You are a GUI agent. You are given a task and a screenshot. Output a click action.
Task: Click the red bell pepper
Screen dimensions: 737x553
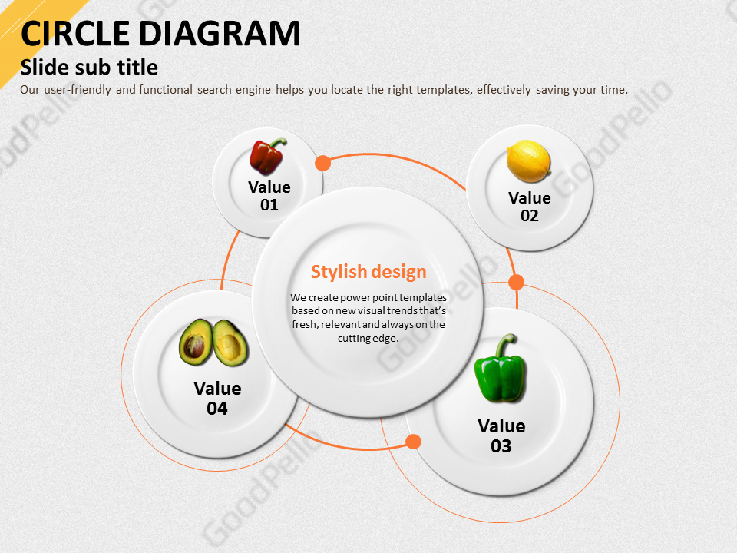267,157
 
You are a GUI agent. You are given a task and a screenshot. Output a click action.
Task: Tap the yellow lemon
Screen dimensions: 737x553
528,161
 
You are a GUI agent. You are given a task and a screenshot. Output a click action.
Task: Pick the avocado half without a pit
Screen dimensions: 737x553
230,343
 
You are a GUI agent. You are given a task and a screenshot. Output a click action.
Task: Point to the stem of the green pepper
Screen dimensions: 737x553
506,344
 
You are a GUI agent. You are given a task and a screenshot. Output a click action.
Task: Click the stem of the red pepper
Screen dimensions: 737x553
278,143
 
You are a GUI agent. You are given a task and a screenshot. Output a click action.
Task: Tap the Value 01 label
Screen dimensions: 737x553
269,196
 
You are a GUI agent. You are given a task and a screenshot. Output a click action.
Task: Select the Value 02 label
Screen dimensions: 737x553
529,207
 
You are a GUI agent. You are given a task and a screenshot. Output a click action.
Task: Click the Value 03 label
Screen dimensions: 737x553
501,436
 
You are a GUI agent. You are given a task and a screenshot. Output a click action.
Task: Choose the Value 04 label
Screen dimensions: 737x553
217,399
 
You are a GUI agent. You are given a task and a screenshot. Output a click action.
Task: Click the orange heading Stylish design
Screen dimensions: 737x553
368,272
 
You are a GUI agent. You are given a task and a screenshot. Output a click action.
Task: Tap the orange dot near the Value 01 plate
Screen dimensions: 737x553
322,163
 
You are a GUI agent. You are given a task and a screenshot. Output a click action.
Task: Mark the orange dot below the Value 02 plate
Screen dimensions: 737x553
516,282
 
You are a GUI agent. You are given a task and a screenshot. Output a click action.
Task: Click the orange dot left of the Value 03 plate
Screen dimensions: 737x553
413,442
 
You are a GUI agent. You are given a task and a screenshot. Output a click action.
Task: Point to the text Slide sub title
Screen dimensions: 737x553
89,68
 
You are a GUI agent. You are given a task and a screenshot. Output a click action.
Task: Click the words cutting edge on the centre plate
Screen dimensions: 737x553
368,338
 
